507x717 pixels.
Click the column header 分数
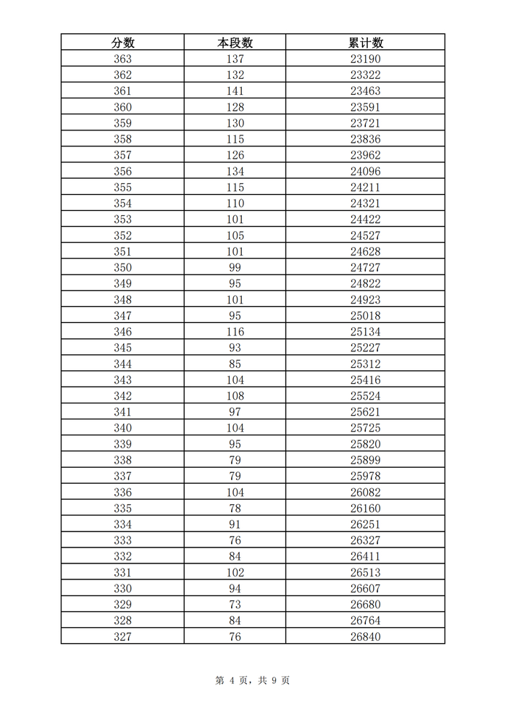pos(122,43)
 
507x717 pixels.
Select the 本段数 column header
pos(235,43)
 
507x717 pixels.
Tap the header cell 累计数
pos(365,43)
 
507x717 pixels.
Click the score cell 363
pos(122,59)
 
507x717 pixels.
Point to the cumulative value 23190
pos(365,59)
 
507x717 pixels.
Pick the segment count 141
pos(235,91)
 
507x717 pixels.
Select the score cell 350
pos(122,267)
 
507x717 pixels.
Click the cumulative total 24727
pos(365,267)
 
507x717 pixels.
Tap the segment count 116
pos(235,332)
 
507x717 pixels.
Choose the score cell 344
pos(122,364)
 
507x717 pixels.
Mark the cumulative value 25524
pos(365,396)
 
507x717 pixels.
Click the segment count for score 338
pos(235,460)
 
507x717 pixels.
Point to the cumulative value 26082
pos(365,492)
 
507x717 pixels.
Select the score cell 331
pos(122,572)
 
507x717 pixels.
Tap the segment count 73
pos(235,604)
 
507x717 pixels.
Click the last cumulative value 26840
pos(365,637)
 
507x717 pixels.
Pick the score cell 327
pos(122,637)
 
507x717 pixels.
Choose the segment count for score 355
pos(235,188)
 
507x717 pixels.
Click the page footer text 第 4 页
pos(231,680)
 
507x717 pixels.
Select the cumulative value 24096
pos(365,172)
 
